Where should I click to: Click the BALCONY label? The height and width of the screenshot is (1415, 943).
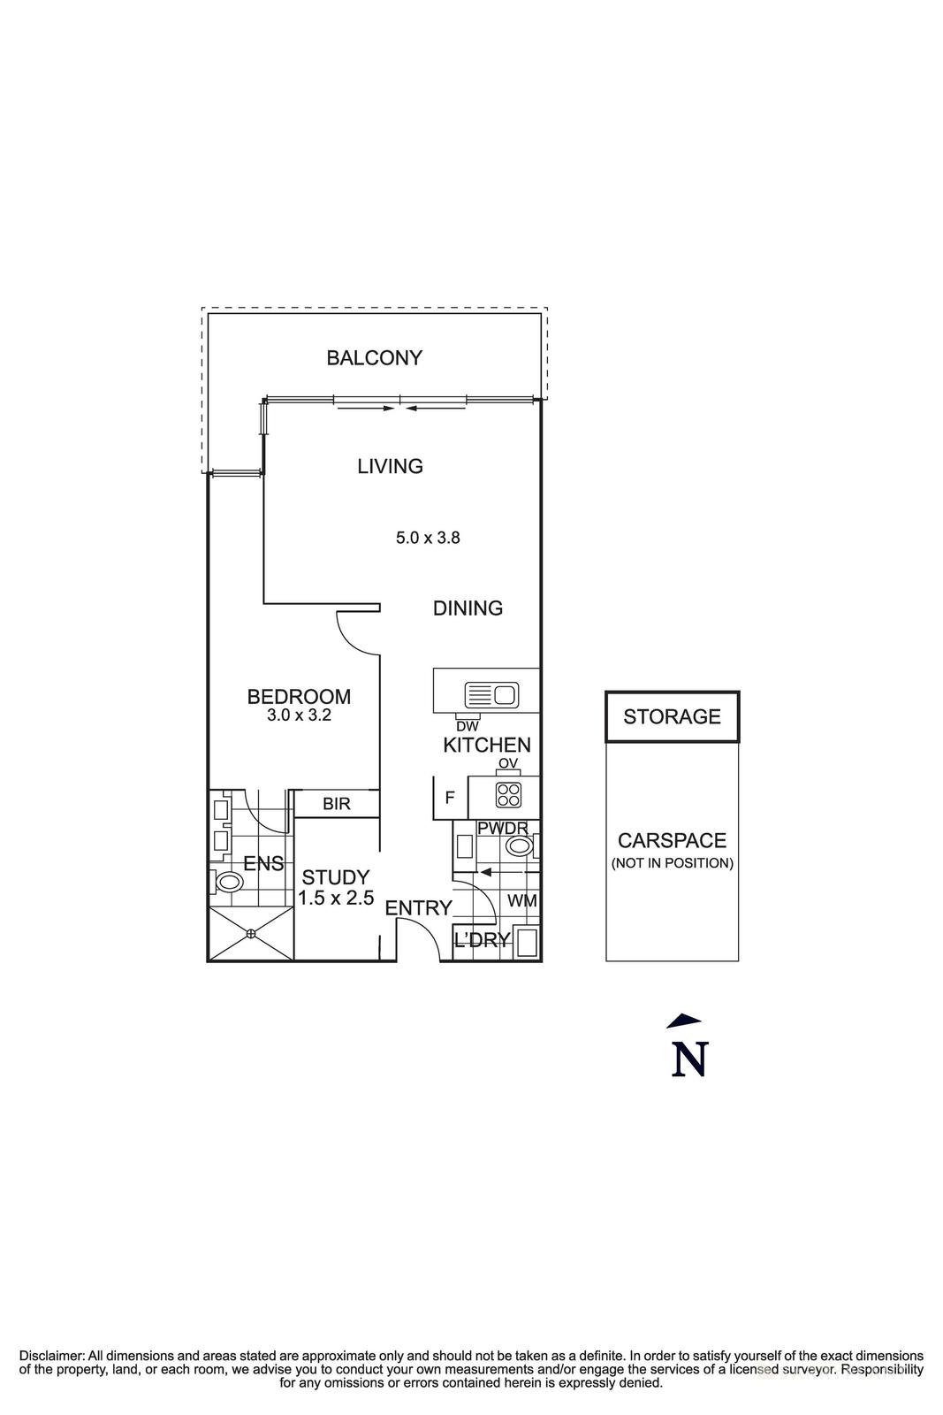point(374,358)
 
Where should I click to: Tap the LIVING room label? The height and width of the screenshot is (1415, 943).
point(390,466)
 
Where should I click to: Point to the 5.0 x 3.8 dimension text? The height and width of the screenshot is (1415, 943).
point(428,538)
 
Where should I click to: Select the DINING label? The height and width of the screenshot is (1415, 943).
point(468,608)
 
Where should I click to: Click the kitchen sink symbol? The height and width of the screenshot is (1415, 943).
point(491,695)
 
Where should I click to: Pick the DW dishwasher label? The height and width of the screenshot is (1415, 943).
point(468,726)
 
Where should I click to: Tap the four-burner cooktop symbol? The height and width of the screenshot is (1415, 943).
point(508,795)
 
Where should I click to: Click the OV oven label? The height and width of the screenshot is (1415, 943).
point(508,764)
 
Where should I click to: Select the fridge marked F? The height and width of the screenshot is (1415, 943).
point(450,798)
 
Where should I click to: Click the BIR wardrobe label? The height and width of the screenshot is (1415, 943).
point(337,804)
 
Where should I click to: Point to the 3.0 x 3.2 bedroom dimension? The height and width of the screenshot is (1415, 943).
point(299,715)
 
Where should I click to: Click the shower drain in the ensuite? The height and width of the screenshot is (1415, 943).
point(251,933)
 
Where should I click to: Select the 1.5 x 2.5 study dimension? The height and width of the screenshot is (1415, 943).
point(336,898)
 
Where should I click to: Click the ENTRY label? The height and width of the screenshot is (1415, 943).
point(419,908)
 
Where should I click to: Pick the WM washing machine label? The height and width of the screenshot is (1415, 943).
point(522,901)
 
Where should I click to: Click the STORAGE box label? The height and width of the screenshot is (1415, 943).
point(673,716)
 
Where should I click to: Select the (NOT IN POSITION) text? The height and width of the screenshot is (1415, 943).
point(673,863)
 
